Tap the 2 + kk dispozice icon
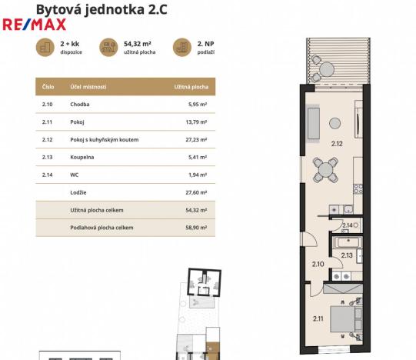(x=44, y=47)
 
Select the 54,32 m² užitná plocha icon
(x=108, y=47)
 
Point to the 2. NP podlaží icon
(x=181, y=47)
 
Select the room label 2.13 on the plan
(x=347, y=255)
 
